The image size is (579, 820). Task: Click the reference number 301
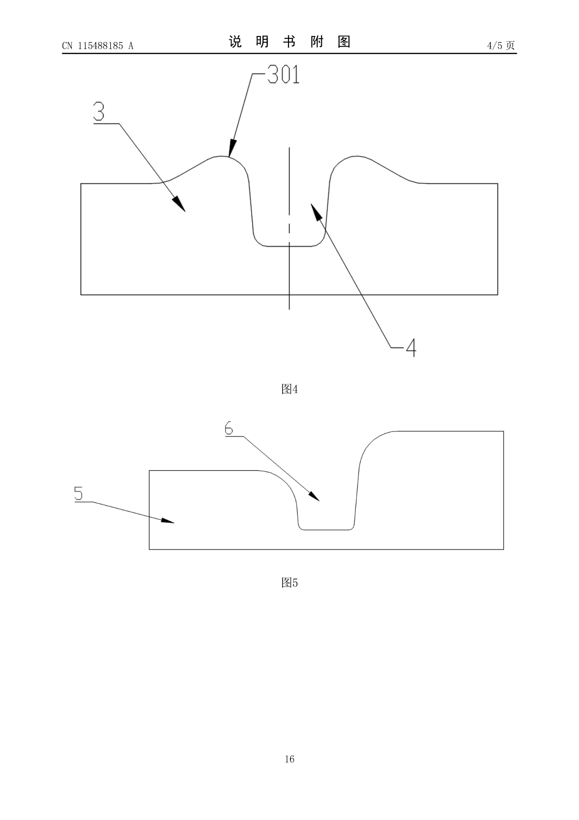point(284,75)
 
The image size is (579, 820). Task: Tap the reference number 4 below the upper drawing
point(410,347)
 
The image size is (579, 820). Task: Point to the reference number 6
point(229,428)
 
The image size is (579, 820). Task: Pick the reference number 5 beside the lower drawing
point(78,494)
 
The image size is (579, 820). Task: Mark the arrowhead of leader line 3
point(180,205)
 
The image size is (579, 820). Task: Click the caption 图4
point(289,389)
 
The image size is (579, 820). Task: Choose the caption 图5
point(289,583)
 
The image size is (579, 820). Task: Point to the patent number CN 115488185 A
point(98,46)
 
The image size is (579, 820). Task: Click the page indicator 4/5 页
point(501,45)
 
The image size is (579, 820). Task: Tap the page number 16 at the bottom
point(289,759)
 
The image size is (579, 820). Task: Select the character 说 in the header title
point(235,42)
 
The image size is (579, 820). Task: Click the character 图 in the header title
point(344,42)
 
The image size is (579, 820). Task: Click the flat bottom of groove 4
point(289,246)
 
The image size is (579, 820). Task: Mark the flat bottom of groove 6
point(326,530)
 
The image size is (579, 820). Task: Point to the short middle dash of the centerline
point(289,228)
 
